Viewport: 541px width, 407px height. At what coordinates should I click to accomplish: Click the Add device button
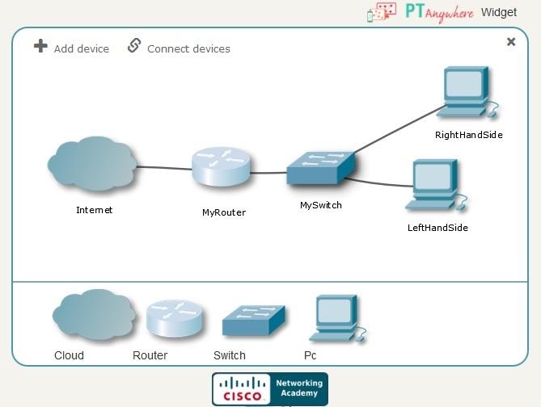point(71,48)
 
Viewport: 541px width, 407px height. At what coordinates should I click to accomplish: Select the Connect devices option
point(179,48)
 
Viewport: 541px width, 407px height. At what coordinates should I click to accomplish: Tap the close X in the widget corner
point(510,42)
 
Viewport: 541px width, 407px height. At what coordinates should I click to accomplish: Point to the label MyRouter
point(223,213)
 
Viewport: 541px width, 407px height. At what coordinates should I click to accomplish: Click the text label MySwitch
point(320,206)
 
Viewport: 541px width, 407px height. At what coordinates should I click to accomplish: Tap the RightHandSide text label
point(468,135)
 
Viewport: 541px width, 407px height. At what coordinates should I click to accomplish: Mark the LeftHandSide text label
point(437,228)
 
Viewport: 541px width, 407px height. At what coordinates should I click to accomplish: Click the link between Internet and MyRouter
point(164,169)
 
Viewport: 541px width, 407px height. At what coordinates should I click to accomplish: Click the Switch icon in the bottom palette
point(253,320)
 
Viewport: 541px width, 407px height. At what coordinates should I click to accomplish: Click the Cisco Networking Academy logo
point(270,388)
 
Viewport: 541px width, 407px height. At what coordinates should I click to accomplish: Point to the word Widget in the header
point(498,12)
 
